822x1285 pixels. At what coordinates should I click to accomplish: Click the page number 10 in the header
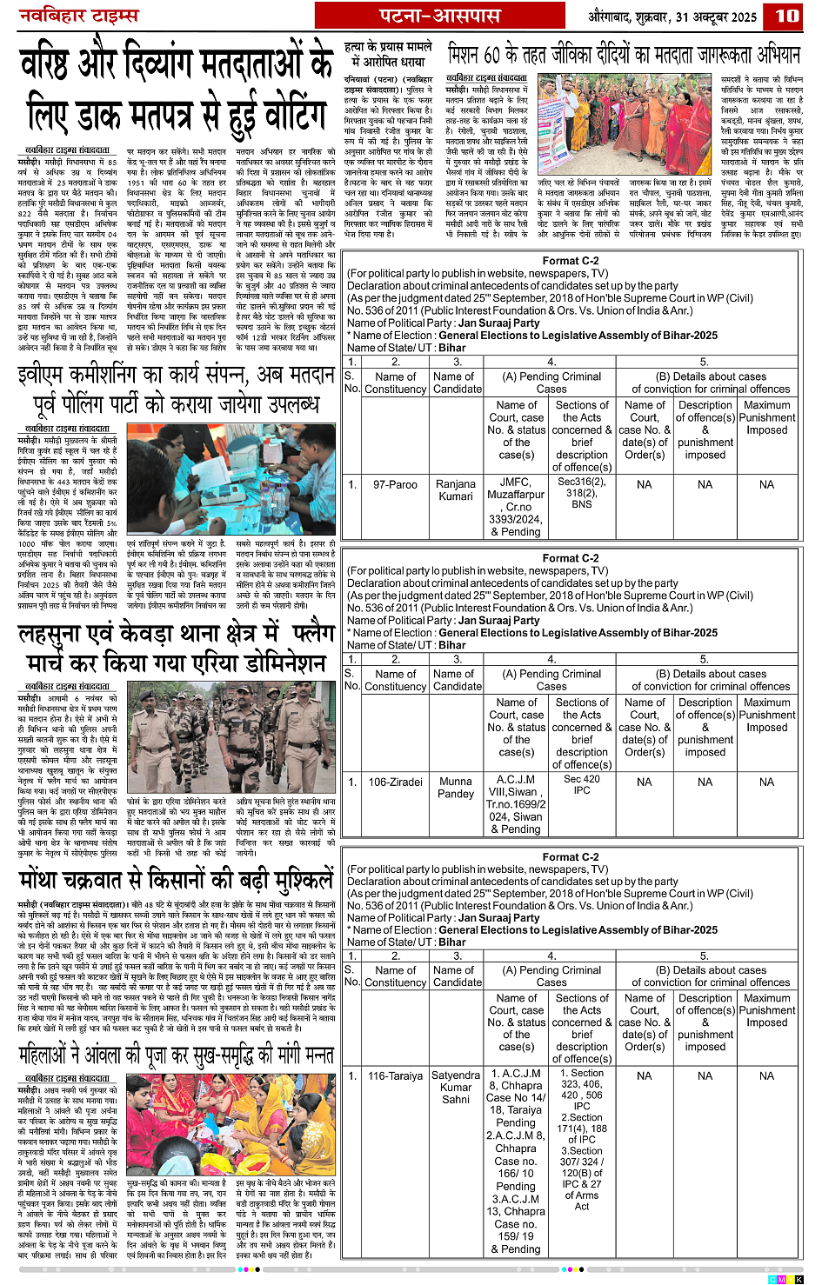[787, 16]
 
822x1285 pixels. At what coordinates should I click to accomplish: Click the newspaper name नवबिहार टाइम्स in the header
[79, 16]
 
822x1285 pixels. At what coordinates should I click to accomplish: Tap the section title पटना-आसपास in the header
[439, 16]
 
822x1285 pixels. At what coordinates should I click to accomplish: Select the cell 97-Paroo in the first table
[395, 484]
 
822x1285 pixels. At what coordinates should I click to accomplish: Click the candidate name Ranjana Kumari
[456, 490]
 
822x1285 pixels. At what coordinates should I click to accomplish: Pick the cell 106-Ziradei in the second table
[395, 782]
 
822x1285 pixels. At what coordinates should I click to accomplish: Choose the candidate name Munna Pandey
[456, 788]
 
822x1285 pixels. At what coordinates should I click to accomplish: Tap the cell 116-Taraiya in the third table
[395, 1075]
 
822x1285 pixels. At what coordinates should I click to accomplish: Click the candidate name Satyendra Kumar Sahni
[456, 1087]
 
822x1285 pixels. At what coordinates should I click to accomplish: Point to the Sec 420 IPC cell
[582, 784]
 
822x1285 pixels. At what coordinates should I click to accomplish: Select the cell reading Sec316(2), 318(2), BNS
[582, 493]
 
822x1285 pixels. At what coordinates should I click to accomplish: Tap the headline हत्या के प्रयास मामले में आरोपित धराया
[388, 54]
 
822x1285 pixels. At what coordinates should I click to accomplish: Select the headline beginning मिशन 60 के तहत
[624, 55]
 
